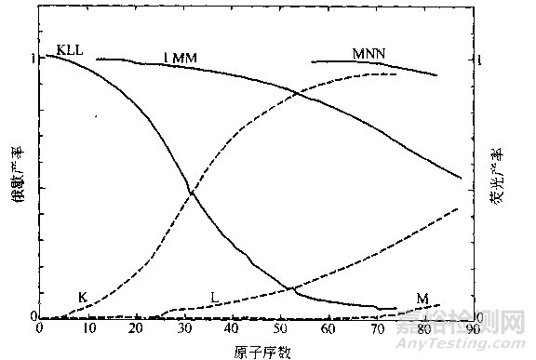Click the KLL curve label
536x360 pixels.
(70, 47)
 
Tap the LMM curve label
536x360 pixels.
(181, 57)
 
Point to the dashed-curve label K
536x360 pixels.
(83, 298)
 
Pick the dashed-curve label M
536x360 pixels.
(422, 299)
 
